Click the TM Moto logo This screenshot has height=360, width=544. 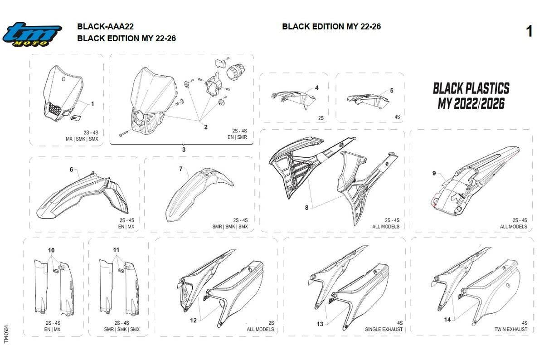[x=32, y=34]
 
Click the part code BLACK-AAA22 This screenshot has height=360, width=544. [x=105, y=26]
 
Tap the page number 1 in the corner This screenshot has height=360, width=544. [x=529, y=31]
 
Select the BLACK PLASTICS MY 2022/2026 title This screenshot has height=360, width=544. [x=471, y=96]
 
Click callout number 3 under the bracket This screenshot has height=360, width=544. [x=184, y=150]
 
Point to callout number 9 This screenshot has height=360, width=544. [x=434, y=173]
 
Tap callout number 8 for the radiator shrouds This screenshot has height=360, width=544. [x=307, y=208]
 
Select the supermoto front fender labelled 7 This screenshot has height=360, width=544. [x=199, y=195]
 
